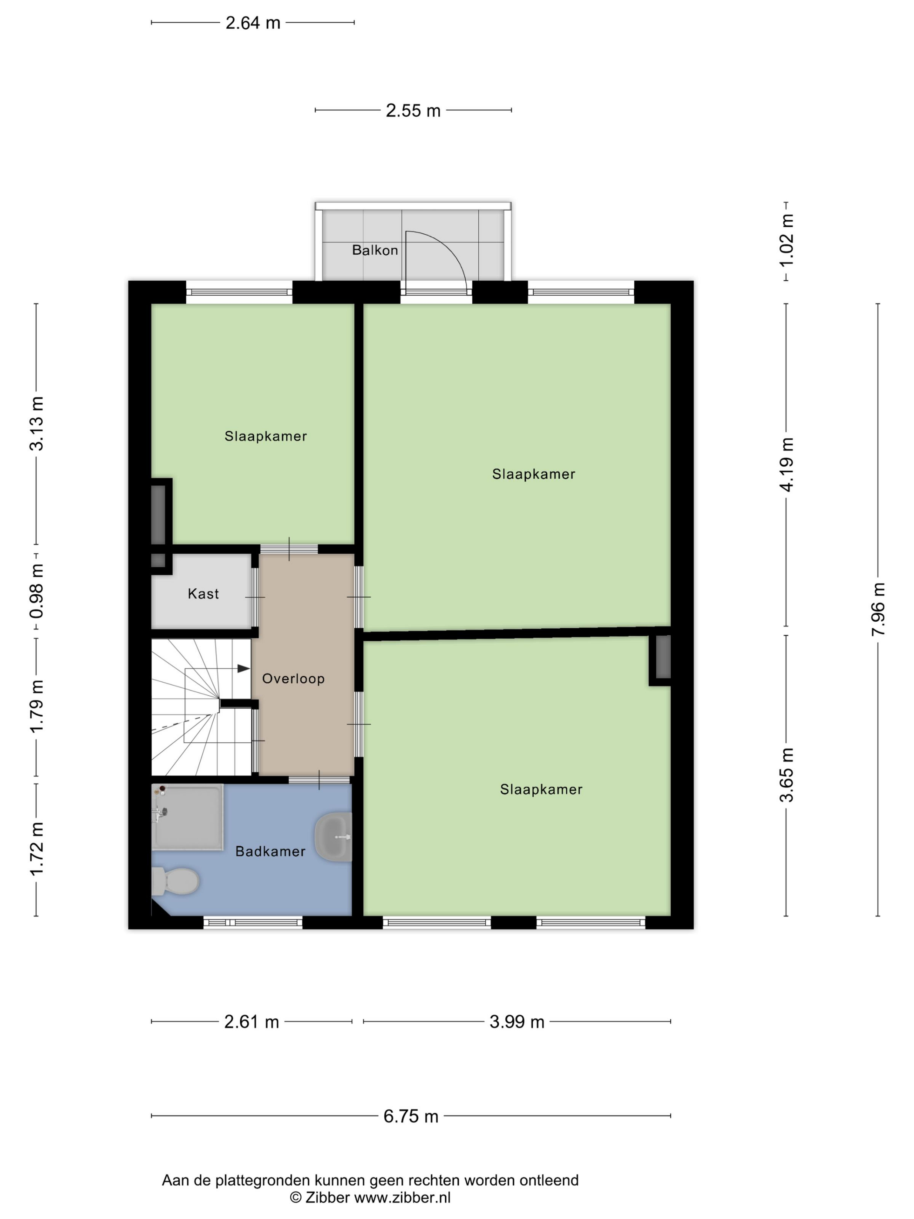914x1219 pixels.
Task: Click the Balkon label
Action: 375,250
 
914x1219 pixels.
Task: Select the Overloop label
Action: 293,678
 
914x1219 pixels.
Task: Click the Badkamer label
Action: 270,852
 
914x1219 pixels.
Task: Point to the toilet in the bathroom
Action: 175,881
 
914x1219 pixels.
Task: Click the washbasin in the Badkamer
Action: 333,837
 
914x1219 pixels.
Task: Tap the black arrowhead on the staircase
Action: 243,668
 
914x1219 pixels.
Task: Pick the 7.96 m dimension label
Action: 878,609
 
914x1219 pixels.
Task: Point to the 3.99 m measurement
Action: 517,1022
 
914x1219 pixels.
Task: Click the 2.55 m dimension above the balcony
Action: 413,111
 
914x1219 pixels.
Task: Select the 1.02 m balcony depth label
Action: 787,241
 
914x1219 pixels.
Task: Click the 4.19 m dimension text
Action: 787,465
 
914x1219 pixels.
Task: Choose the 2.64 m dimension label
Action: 253,23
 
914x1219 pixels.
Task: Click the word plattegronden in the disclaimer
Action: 263,1180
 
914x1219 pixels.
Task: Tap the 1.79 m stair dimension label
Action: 37,707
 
